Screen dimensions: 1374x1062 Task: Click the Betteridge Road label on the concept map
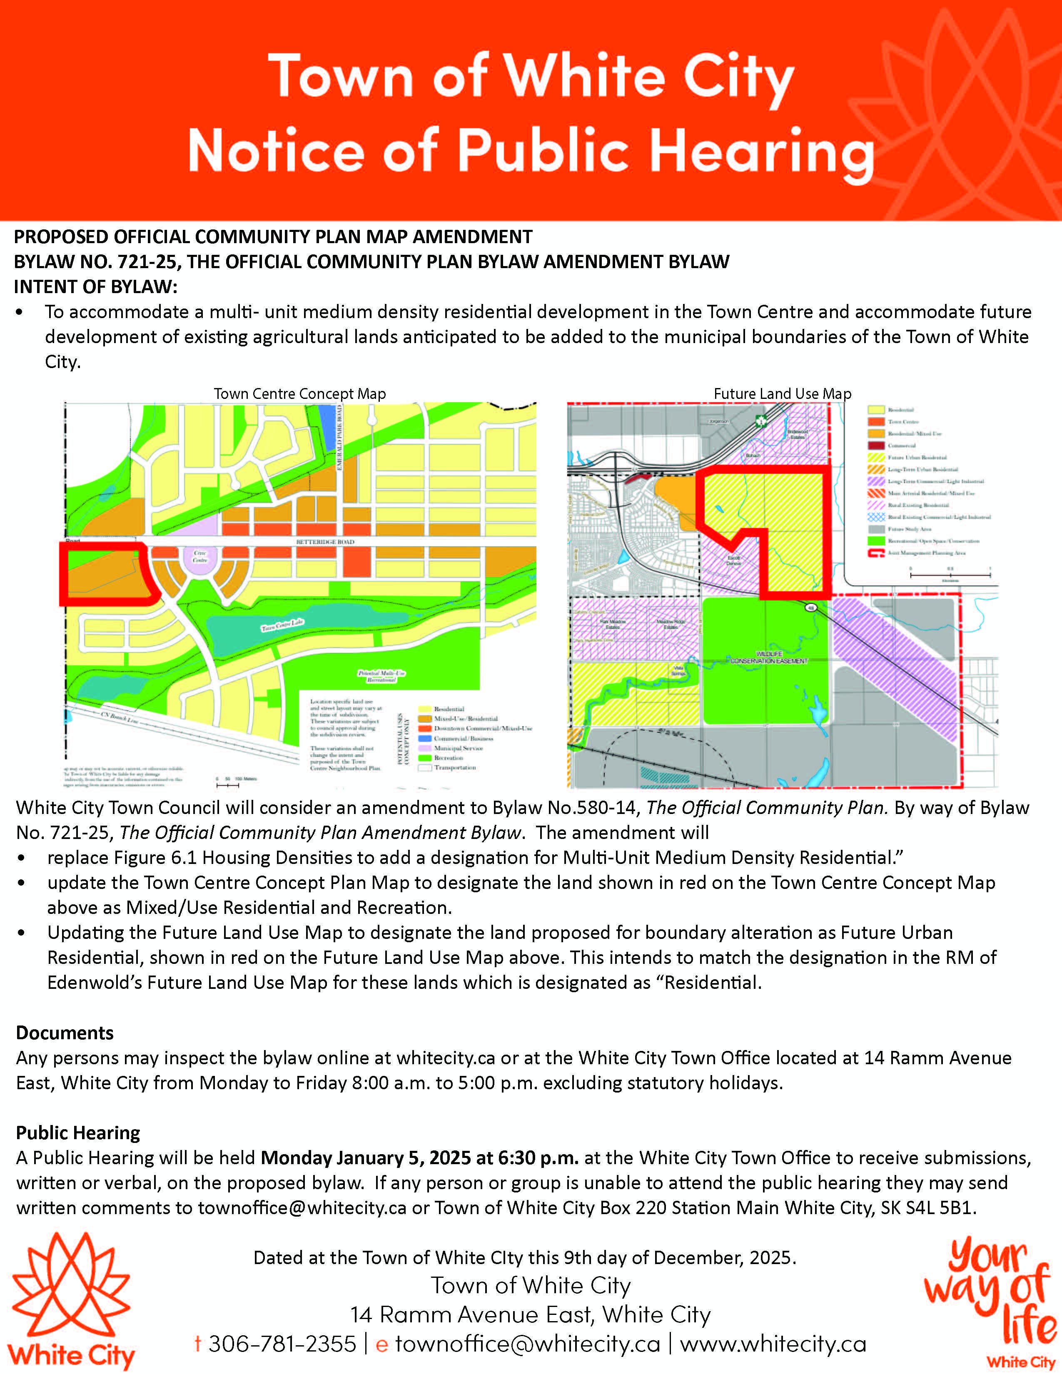(x=325, y=542)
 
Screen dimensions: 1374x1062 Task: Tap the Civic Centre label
(x=199, y=557)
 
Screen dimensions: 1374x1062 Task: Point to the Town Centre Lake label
(x=282, y=625)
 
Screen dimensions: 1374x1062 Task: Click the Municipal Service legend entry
(x=458, y=749)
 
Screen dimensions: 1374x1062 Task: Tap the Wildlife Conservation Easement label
(x=769, y=658)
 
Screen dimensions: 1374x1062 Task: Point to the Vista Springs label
(x=678, y=671)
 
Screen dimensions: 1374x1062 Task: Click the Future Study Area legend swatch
(x=876, y=529)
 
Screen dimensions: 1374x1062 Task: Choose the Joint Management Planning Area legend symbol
(x=876, y=553)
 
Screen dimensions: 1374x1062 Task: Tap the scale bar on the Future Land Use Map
(x=950, y=575)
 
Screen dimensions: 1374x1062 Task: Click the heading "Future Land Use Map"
(x=782, y=394)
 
